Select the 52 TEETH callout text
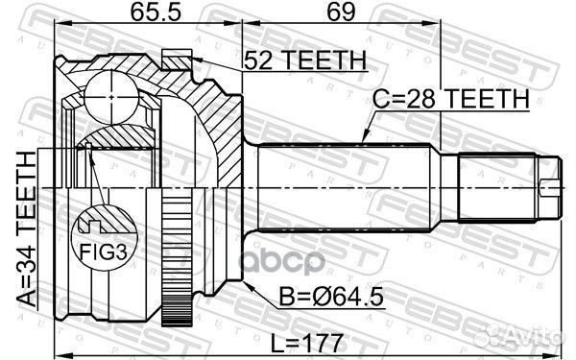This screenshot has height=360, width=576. coord(304,60)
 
